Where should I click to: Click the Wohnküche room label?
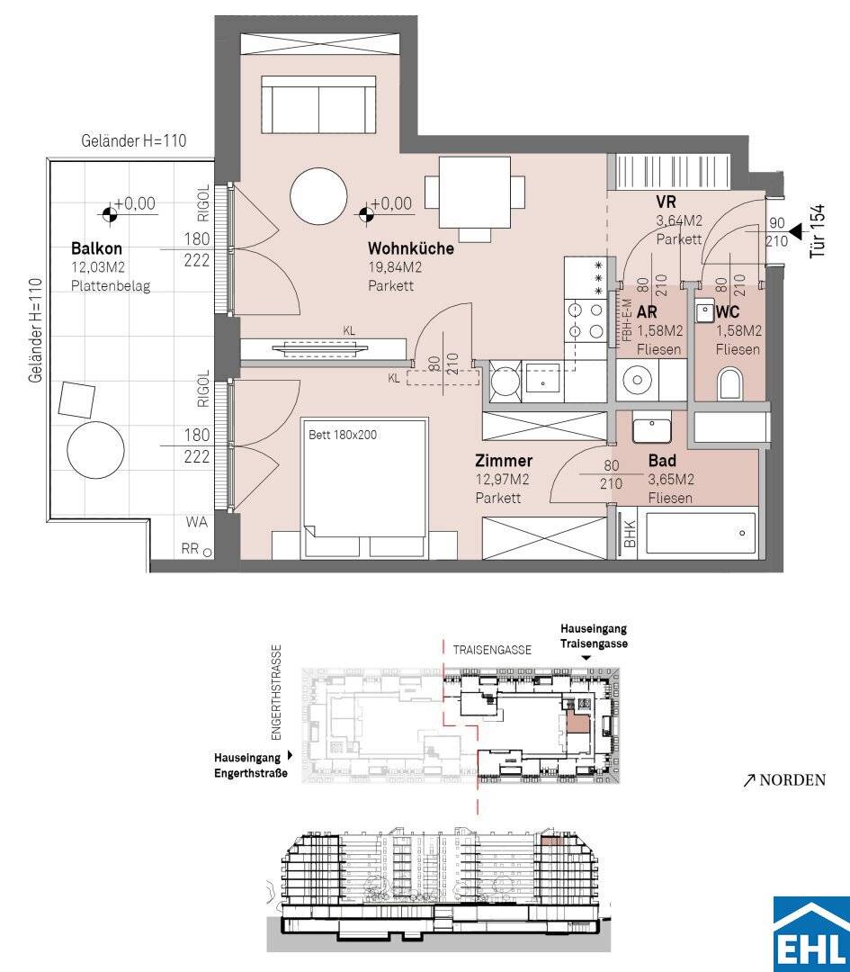click(x=411, y=248)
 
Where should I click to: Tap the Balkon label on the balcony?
click(x=96, y=248)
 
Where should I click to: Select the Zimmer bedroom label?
click(x=504, y=461)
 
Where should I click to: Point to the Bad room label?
click(x=662, y=461)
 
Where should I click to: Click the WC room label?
click(x=728, y=311)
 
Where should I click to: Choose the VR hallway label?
click(x=666, y=202)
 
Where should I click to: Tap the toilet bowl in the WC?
click(x=729, y=384)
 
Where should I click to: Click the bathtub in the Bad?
click(x=701, y=533)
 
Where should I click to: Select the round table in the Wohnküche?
click(x=318, y=195)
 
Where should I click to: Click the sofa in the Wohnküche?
click(x=318, y=104)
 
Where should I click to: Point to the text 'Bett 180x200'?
click(x=343, y=435)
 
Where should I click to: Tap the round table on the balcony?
click(x=96, y=450)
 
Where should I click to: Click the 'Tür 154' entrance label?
click(x=819, y=231)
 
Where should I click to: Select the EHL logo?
click(x=811, y=933)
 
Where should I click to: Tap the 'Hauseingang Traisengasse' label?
click(x=594, y=636)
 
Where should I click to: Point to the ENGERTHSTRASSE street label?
click(x=276, y=693)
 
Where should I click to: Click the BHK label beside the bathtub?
click(x=630, y=533)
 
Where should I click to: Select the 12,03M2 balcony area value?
click(x=98, y=268)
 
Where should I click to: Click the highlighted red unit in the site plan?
click(x=577, y=723)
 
